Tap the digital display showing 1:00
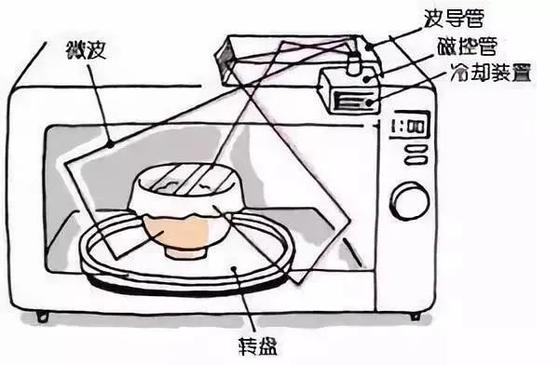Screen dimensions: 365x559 (x=408, y=126)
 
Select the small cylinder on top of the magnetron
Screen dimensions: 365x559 (x=354, y=64)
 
